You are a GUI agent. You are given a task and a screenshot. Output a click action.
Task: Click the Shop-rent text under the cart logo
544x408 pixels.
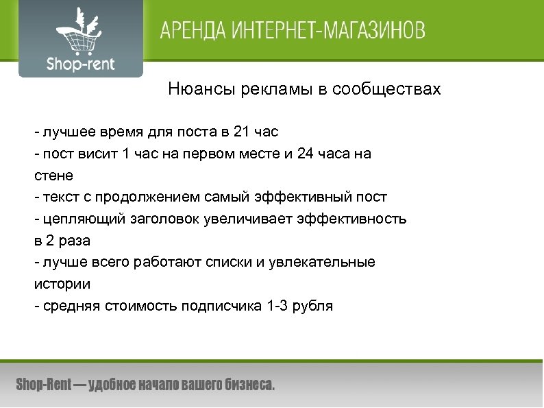tap(81, 64)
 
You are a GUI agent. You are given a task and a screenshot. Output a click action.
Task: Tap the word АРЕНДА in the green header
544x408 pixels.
tap(191, 32)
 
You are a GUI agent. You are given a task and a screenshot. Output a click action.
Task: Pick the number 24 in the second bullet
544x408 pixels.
tap(306, 154)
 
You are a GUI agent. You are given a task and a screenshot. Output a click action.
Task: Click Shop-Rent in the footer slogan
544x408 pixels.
tap(43, 385)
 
